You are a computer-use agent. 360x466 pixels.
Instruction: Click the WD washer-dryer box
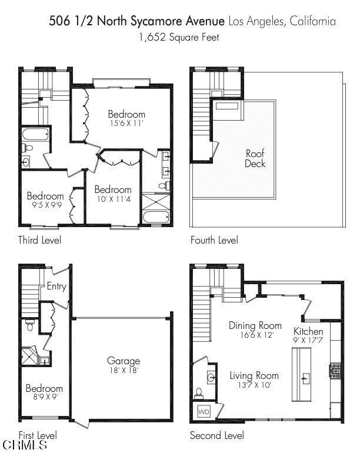pos(204,411)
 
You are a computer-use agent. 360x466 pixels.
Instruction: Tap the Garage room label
pos(124,361)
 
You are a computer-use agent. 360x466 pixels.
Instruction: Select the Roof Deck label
pos(255,158)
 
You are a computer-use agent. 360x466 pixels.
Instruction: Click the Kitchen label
pos(308,331)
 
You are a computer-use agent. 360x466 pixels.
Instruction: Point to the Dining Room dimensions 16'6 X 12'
pos(251,335)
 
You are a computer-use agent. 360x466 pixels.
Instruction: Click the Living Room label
pos(254,375)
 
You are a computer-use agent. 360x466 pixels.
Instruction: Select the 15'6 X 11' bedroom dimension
pos(126,124)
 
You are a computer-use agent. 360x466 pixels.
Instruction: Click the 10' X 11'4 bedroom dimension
pos(113,199)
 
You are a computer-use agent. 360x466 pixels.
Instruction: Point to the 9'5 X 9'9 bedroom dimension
pos(45,205)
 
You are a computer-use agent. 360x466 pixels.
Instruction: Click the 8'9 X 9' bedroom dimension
pos(44,398)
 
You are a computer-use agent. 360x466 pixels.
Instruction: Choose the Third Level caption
pos(39,240)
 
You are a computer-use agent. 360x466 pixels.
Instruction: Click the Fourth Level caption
pos(214,240)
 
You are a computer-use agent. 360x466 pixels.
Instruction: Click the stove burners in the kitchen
pos(335,371)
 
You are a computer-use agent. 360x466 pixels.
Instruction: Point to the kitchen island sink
pos(306,377)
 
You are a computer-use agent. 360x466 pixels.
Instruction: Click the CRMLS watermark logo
pos(25,446)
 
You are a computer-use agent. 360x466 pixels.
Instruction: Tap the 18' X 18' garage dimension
pos(124,370)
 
